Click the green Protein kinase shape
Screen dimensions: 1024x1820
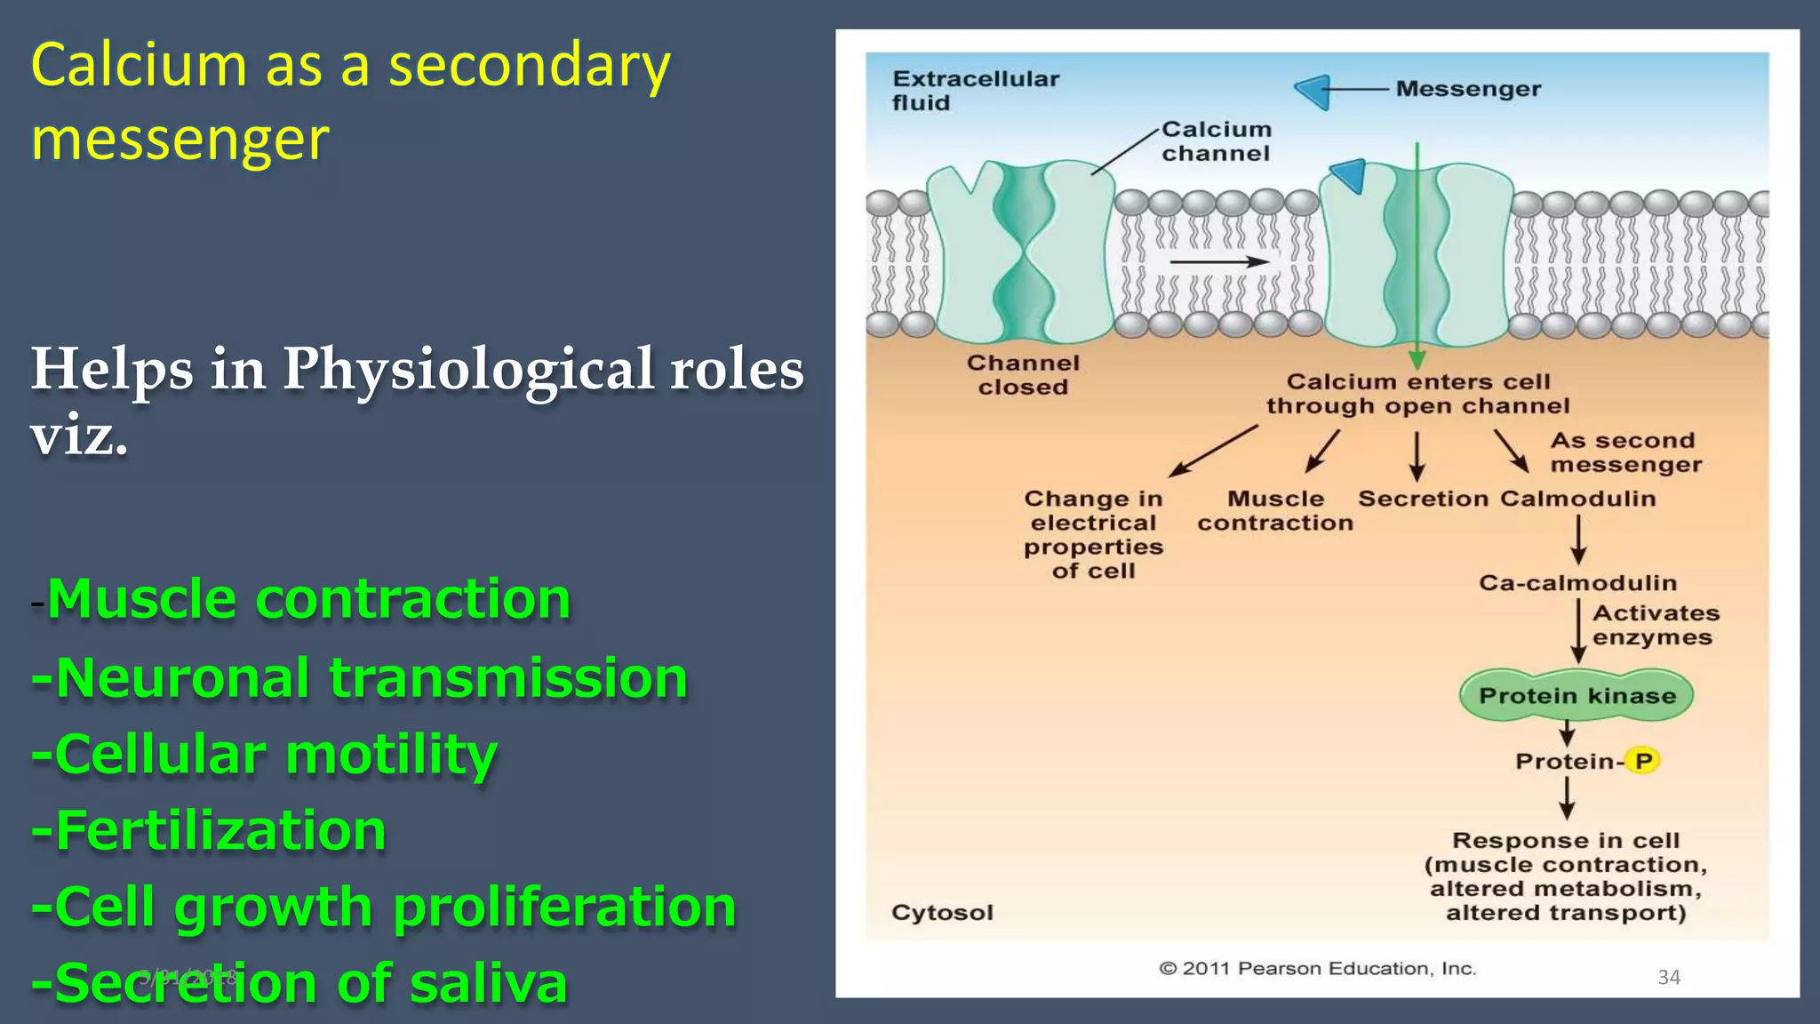(1577, 695)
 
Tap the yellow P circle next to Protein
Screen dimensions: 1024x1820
(1643, 761)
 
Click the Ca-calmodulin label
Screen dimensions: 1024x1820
(1577, 583)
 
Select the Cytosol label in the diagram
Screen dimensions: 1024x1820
(942, 913)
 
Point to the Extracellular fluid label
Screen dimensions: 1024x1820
(975, 91)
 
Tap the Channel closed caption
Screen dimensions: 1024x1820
(1023, 375)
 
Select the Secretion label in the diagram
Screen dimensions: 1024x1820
(1422, 499)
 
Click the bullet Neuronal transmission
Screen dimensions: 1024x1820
(359, 677)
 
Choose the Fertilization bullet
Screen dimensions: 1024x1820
(208, 830)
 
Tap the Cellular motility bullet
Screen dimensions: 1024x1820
(263, 754)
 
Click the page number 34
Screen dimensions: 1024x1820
(1669, 977)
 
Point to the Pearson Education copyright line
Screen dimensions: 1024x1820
(1317, 968)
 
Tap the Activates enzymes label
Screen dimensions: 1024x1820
(1655, 625)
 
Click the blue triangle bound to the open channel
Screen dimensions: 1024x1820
(1349, 174)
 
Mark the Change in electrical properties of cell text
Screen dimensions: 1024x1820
(1093, 534)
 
